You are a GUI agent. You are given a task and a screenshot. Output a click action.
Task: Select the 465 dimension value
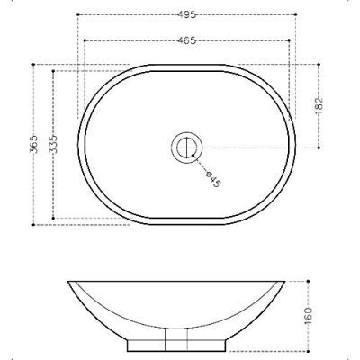tap(187, 41)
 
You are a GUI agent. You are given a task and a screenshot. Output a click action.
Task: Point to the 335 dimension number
tap(56, 144)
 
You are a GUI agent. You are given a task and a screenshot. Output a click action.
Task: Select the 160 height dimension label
tap(309, 315)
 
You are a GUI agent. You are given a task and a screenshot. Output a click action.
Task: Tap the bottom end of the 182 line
tap(320, 145)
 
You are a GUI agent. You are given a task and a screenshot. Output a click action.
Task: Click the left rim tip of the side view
tap(70, 282)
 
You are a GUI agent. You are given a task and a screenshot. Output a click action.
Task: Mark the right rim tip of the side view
tap(287, 282)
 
